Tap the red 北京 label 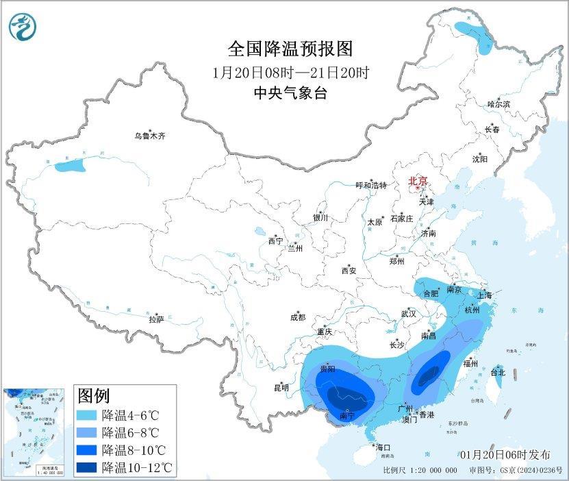[418, 181]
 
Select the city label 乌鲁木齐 [149, 136]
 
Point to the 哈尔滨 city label [498, 104]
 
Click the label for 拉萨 [156, 319]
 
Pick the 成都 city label [297, 317]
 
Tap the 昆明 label [281, 387]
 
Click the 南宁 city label [348, 416]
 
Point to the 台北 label [498, 373]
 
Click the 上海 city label [485, 295]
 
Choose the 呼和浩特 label [371, 186]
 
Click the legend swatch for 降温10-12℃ [87, 467]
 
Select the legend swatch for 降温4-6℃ [87, 415]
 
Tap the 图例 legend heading [94, 395]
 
